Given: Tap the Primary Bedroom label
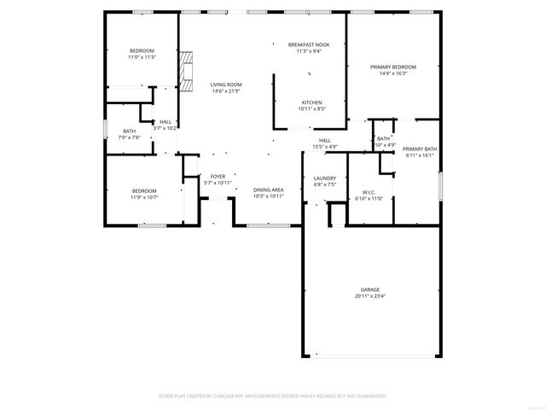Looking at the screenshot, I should tap(392, 67).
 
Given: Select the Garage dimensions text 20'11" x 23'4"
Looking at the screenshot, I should tap(370, 296).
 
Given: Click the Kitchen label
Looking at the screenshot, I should tap(311, 102).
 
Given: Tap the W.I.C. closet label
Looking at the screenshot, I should tap(369, 191).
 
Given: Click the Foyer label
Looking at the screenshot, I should tap(218, 176).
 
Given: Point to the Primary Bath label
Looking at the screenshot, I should tap(420, 149).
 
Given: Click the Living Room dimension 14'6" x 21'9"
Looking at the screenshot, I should tap(227, 91).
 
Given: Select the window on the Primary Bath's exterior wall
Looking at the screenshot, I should tap(440, 187).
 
